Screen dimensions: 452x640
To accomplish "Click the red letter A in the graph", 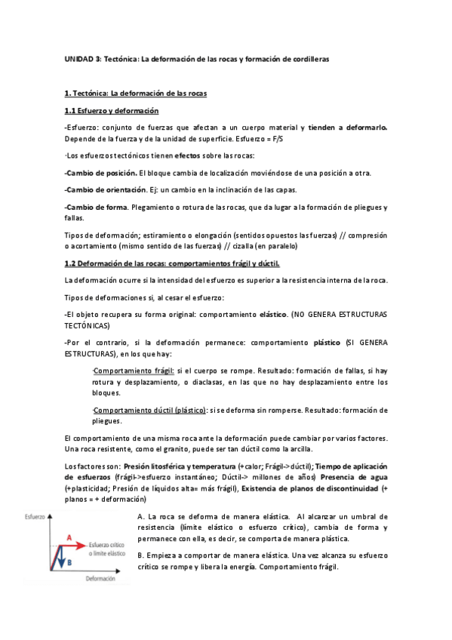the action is coord(70,537).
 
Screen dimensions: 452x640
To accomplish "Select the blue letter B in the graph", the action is coord(69,562).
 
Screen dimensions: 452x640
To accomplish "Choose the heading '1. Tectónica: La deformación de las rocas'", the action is coord(131,94).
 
